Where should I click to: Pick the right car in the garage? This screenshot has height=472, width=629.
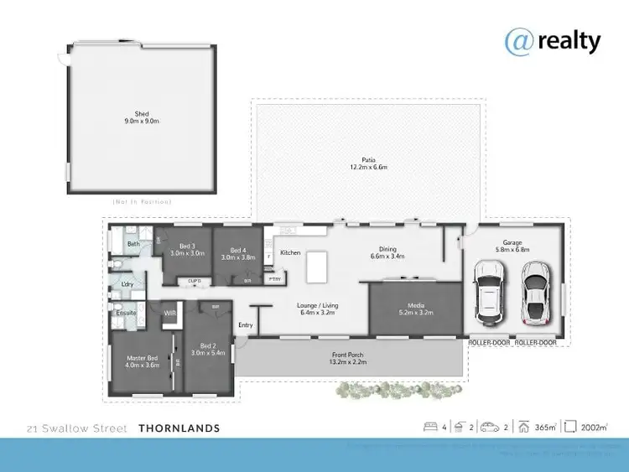click(x=535, y=292)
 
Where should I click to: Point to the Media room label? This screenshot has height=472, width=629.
click(x=415, y=308)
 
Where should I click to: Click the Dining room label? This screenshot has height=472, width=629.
click(x=387, y=252)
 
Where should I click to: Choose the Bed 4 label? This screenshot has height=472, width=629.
click(x=238, y=253)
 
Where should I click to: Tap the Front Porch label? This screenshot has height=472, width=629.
click(x=346, y=358)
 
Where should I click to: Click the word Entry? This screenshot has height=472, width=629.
click(x=246, y=325)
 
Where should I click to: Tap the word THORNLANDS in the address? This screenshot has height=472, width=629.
click(x=179, y=428)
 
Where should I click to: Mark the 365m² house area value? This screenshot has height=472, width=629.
click(x=546, y=428)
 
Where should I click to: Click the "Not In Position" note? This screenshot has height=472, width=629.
click(x=141, y=202)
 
